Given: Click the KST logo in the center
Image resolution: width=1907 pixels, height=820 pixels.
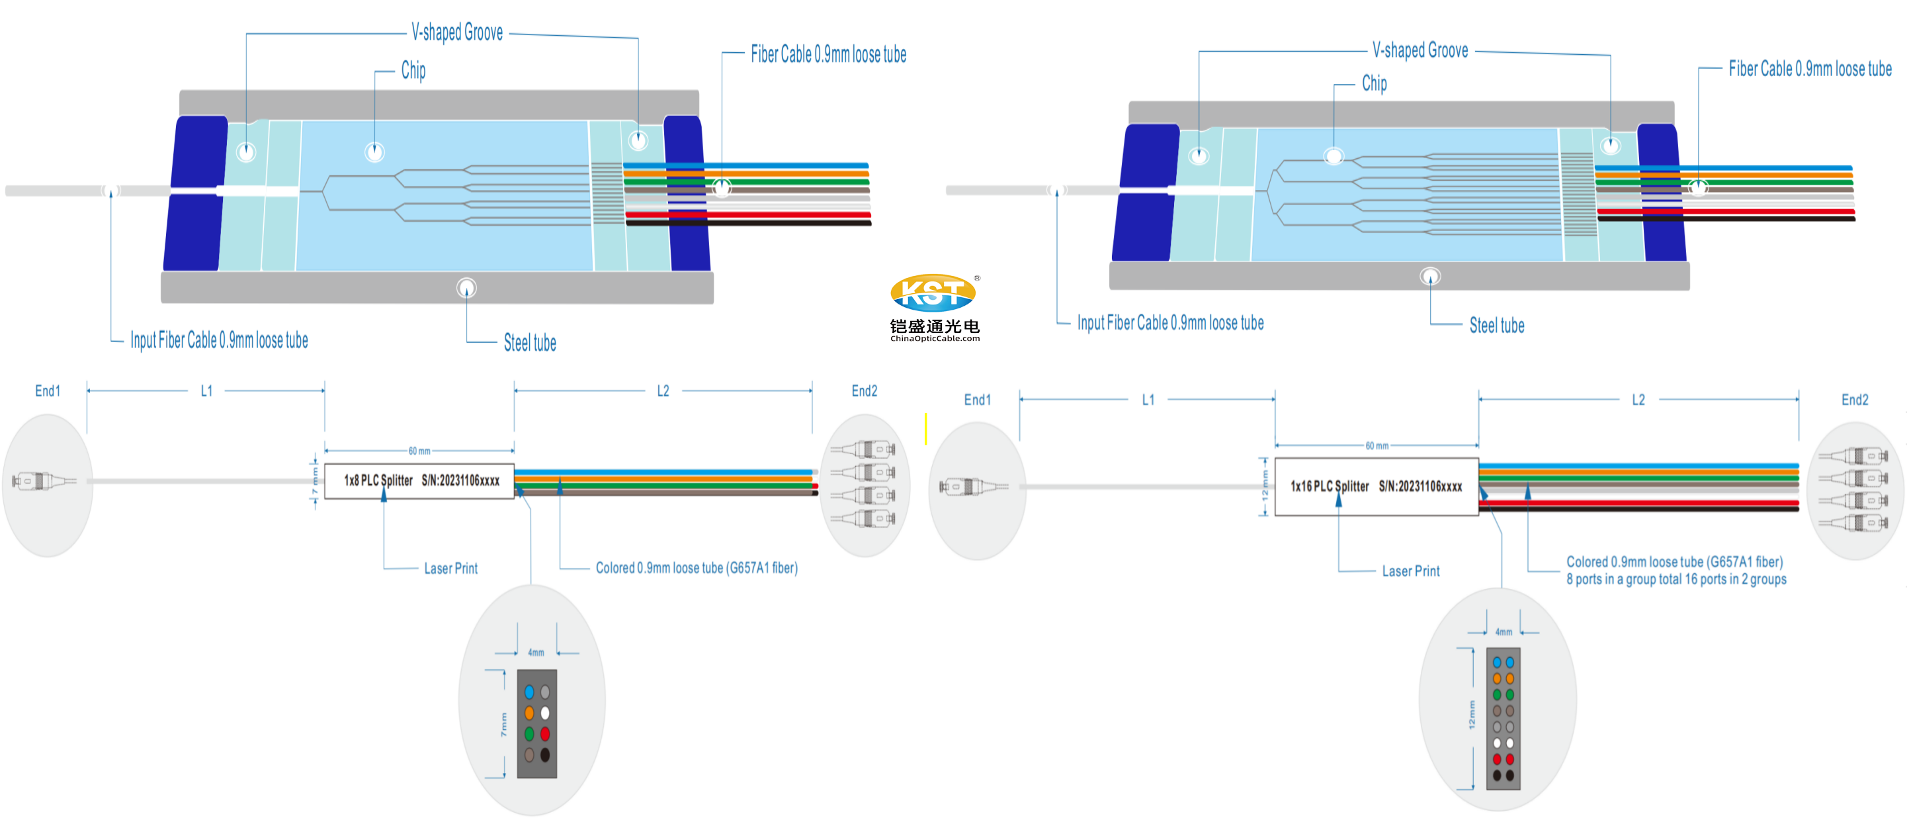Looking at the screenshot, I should [933, 293].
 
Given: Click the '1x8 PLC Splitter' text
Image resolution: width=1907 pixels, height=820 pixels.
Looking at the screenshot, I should [378, 480].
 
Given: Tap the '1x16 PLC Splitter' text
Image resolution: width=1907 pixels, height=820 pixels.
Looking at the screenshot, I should [1330, 486].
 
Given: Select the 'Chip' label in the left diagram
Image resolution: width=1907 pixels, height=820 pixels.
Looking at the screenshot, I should [413, 70].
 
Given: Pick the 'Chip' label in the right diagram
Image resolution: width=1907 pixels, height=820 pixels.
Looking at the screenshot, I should [1374, 83].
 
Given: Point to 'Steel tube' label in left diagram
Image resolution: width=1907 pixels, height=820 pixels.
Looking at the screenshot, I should [529, 342].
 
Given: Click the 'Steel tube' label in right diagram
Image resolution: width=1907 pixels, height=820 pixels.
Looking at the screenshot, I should [1496, 325].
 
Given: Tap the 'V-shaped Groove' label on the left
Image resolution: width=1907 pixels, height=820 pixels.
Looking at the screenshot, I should [457, 32].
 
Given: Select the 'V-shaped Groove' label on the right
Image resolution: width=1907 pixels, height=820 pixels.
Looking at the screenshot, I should [1420, 50].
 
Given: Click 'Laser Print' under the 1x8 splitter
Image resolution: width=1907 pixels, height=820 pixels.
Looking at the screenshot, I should [450, 568].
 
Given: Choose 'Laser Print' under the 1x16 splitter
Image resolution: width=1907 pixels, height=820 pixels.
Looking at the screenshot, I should [1410, 571].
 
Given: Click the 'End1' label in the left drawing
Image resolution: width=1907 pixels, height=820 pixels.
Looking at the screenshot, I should [48, 390].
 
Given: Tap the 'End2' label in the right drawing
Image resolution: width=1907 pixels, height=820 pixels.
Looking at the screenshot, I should [1855, 399].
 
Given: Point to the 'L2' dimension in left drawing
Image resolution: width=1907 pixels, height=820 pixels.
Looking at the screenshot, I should [663, 390].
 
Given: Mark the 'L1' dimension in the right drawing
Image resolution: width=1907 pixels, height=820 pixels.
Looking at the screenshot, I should [1148, 399].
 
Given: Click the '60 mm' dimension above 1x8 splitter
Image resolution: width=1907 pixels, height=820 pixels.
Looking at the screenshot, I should [419, 450].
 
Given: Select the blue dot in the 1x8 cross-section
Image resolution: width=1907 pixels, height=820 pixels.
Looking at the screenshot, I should [529, 692].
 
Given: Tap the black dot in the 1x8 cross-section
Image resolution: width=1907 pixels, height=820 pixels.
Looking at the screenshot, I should [545, 755].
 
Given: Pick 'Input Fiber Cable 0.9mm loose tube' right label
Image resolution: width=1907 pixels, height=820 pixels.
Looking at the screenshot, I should [1169, 323].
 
